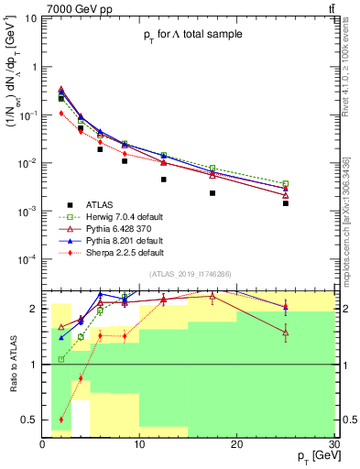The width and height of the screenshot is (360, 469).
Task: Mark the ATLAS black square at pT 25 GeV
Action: (x=286, y=203)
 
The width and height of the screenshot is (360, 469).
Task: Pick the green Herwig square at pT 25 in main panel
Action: (x=286, y=184)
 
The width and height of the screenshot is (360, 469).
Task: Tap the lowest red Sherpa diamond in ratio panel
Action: (x=61, y=420)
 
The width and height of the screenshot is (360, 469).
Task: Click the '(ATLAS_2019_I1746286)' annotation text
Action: (x=190, y=274)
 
